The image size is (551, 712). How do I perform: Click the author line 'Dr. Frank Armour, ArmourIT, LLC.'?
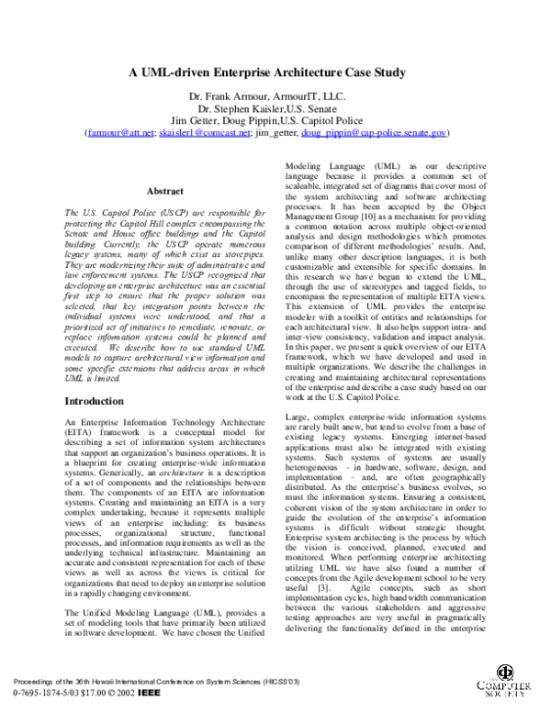275,96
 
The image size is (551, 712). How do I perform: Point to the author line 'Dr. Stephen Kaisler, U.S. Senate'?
275,108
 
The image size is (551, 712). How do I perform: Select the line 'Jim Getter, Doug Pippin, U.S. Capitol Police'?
275,120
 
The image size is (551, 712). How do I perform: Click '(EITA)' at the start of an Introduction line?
76,433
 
